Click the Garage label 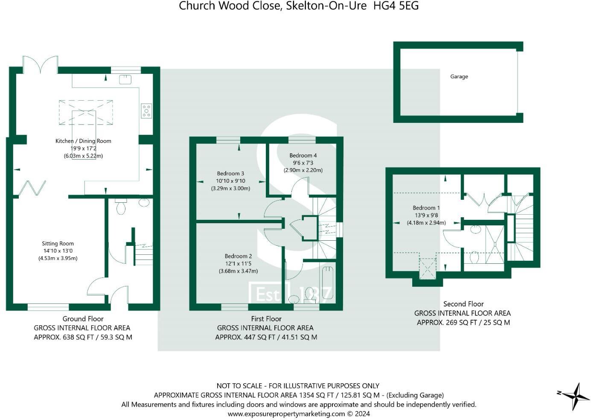[x=459, y=76]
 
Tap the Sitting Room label [x=58, y=243]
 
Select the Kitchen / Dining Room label [x=83, y=141]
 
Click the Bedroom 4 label [x=303, y=155]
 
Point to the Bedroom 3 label [x=230, y=173]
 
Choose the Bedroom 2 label [x=238, y=256]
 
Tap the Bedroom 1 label [x=426, y=208]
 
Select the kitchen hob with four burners [x=146, y=111]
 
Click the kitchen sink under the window [x=125, y=79]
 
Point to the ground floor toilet [x=121, y=207]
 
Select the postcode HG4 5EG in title [x=396, y=6]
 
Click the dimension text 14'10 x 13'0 [x=58, y=251]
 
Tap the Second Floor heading [x=463, y=304]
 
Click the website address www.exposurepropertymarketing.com [x=286, y=414]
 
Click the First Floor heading [x=266, y=318]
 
